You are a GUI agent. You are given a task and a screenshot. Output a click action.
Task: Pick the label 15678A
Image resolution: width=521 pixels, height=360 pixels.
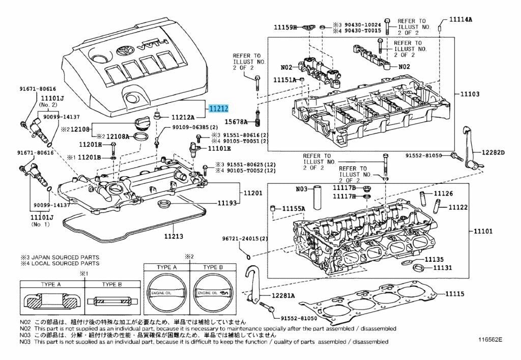click(x=236, y=122)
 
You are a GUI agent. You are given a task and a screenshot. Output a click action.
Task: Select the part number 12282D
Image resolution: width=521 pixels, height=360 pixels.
click(x=493, y=152)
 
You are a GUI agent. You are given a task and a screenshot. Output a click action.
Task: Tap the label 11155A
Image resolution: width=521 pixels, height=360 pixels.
click(x=294, y=209)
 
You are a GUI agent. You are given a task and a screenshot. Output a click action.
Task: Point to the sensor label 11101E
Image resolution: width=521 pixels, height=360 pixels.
click(x=219, y=148)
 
